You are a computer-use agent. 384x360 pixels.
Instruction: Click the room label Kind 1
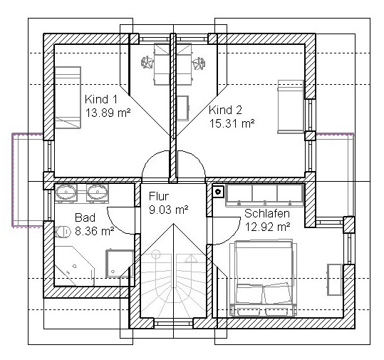point(101,100)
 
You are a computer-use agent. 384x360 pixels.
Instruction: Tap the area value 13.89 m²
point(108,113)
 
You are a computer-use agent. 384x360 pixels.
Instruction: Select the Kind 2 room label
point(225,110)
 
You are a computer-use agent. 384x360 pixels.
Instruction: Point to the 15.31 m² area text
point(232,123)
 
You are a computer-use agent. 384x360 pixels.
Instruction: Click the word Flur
point(159,196)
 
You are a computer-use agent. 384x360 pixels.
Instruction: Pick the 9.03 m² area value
point(168,210)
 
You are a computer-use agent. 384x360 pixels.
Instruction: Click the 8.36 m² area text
point(95,231)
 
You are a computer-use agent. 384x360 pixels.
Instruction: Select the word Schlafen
point(267,213)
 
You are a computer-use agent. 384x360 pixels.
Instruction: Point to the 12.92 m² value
point(267,227)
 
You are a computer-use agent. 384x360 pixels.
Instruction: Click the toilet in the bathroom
point(62,232)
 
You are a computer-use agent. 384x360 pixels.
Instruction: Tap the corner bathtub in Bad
point(73,266)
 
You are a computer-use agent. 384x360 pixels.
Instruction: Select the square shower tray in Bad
point(120,264)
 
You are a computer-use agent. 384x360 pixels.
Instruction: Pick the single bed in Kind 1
point(68,97)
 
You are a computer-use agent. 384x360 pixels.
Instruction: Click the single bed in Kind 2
point(291,107)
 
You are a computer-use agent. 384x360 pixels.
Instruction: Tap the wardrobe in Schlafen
point(265,195)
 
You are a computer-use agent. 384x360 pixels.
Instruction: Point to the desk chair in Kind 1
point(147,62)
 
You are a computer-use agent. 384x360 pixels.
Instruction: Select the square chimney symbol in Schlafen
point(218,191)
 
